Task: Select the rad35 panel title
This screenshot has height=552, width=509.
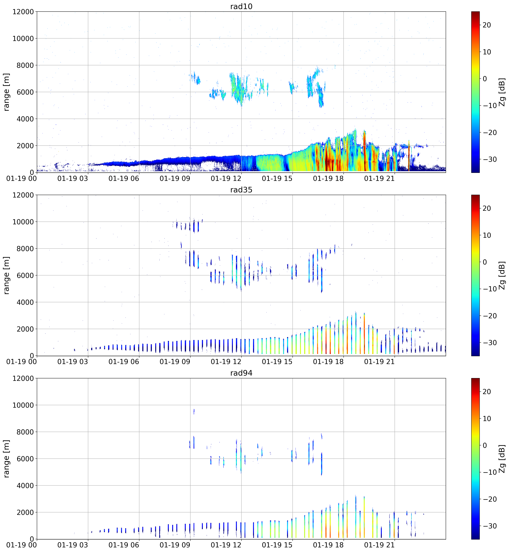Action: point(241,190)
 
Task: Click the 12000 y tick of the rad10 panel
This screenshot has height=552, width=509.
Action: point(23,12)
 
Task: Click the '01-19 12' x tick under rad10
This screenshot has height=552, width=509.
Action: point(226,179)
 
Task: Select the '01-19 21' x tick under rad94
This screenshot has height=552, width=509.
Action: point(379,545)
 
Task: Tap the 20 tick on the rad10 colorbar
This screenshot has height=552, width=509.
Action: point(487,25)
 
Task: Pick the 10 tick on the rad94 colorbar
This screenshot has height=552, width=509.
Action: point(487,419)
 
